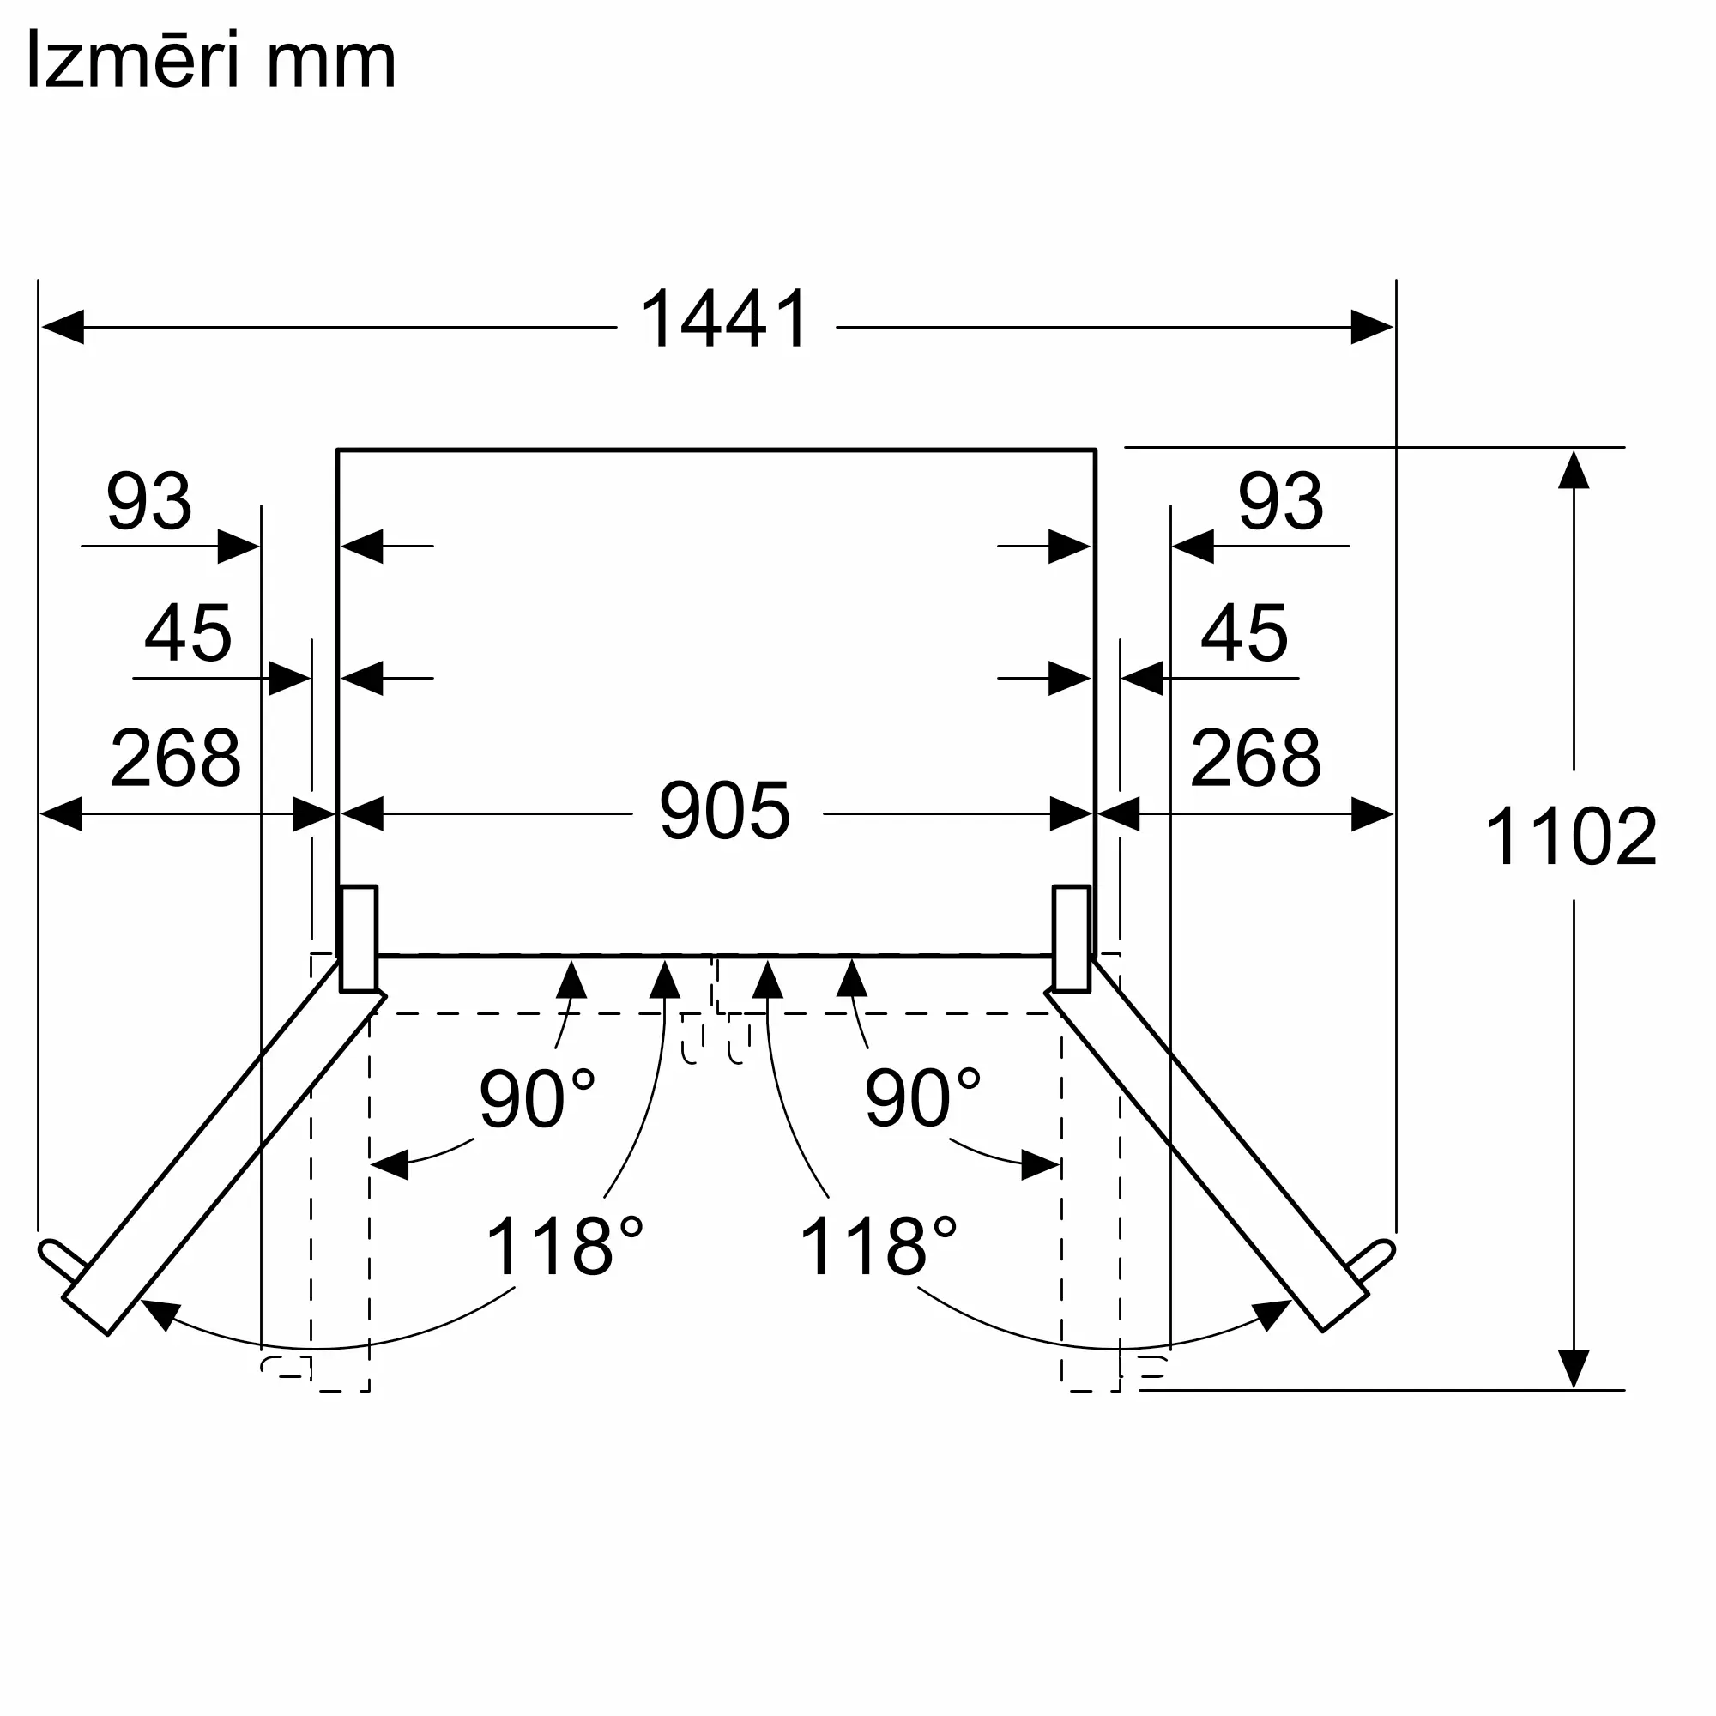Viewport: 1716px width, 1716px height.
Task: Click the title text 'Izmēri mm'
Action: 211,60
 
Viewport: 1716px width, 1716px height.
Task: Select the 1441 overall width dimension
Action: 725,320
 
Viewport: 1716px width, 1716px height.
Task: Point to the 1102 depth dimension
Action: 1570,837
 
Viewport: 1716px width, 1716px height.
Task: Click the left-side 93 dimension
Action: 149,502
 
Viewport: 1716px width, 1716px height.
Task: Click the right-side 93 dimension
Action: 1281,502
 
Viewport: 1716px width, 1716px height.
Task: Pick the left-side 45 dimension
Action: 187,633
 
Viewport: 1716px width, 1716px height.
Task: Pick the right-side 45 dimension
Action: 1243,633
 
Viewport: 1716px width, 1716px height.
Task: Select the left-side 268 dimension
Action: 175,758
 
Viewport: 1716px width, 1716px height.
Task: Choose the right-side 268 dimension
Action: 1255,758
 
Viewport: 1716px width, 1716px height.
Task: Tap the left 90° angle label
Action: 536,1099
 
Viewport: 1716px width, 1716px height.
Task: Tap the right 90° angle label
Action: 922,1099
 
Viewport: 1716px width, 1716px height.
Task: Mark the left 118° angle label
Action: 564,1247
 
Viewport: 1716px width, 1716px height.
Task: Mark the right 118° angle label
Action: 878,1247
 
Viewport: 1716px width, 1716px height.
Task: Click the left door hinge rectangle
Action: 359,938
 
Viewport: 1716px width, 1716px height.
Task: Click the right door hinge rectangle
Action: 1071,938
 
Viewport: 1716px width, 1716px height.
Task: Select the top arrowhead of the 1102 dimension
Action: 1573,471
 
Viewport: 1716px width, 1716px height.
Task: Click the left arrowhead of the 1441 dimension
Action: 62,327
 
